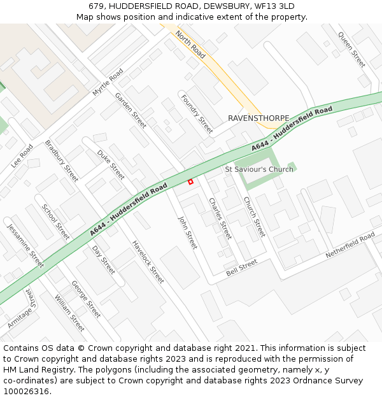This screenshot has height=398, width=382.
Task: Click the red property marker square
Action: click(x=190, y=182)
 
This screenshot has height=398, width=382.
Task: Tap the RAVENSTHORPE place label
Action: click(x=258, y=118)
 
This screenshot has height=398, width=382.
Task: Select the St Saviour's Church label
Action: click(x=259, y=169)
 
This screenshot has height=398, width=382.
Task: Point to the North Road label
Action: click(x=190, y=45)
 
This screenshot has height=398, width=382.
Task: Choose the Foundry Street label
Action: click(x=197, y=114)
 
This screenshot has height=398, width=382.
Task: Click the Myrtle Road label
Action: click(x=108, y=83)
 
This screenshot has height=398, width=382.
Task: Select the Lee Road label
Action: click(x=22, y=155)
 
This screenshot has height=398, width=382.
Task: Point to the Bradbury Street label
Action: click(x=61, y=160)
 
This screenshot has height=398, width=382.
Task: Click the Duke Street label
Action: click(x=111, y=164)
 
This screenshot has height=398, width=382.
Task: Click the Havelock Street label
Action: click(x=148, y=262)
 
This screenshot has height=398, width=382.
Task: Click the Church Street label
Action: click(x=254, y=217)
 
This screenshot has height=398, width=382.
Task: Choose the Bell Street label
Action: click(x=241, y=267)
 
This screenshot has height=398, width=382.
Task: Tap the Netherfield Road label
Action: click(x=350, y=246)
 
